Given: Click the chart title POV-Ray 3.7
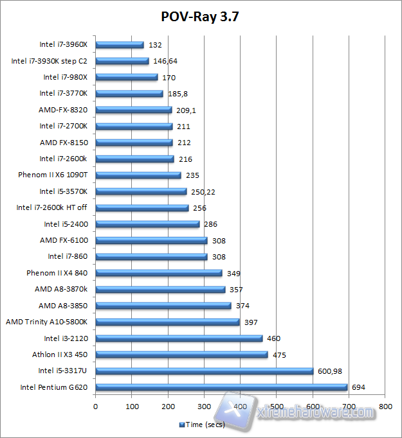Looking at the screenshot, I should pyautogui.click(x=201, y=15).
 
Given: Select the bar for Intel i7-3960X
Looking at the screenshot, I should pyautogui.click(x=120, y=45).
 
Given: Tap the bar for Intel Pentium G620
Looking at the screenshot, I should pyautogui.click(x=221, y=387).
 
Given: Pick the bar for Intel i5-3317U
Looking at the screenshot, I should pyautogui.click(x=204, y=371).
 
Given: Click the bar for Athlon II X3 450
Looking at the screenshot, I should pyautogui.click(x=181, y=355).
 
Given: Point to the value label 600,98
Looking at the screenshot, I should pyautogui.click(x=332, y=371).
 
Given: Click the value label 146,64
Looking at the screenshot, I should pyautogui.click(x=166, y=61).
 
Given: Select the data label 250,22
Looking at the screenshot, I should pyautogui.click(x=203, y=191).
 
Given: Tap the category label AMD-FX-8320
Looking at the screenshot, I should pyautogui.click(x=63, y=110).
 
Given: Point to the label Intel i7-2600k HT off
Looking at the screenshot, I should pyautogui.click(x=51, y=207).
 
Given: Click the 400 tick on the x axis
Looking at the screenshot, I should pyautogui.click(x=241, y=407).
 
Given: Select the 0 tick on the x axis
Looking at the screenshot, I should pyautogui.click(x=95, y=407).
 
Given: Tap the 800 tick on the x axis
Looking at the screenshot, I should pyautogui.click(x=385, y=407).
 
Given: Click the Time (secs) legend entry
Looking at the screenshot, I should pyautogui.click(x=203, y=425).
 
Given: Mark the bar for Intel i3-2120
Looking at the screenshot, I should pyautogui.click(x=179, y=338).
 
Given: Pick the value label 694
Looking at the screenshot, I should pyautogui.click(x=358, y=387).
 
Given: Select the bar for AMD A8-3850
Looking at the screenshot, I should pyautogui.click(x=163, y=306).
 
